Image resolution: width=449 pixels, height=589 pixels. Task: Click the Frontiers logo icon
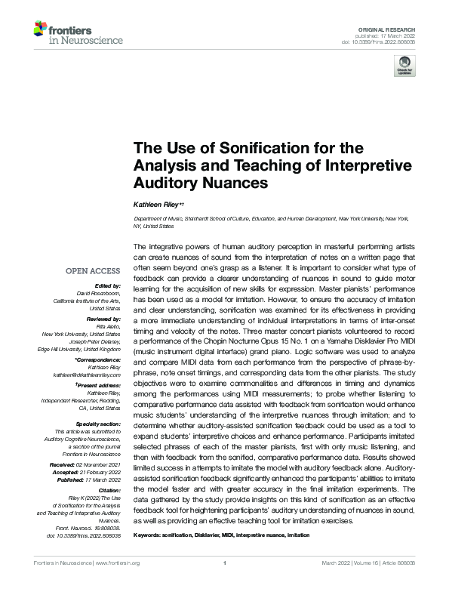(x=41, y=29)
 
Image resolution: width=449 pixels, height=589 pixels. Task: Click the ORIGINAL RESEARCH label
(x=389, y=27)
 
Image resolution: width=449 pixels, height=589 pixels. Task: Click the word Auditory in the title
(x=167, y=182)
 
